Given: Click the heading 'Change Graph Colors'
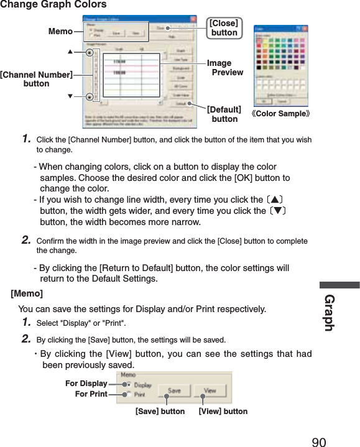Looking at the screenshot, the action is [53, 5].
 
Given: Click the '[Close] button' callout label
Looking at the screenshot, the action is [224, 29].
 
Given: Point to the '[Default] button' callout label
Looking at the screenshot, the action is [224, 114].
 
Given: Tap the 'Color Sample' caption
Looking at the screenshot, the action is [281, 114].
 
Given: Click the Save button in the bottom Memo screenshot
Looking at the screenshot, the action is [173, 391].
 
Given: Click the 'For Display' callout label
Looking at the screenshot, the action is [86, 384].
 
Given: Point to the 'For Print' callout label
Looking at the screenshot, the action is [91, 394].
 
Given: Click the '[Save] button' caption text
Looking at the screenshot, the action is [160, 412].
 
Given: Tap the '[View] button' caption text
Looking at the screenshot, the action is [223, 412].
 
